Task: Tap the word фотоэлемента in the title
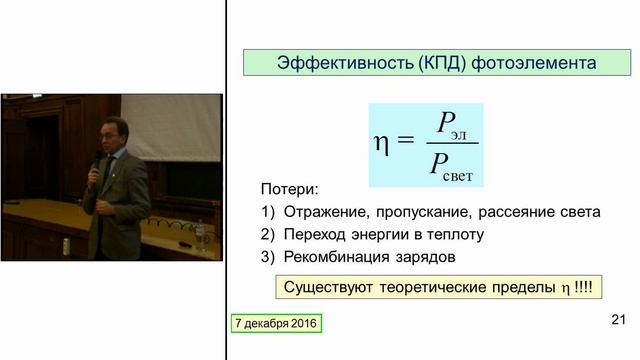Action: pos(524,63)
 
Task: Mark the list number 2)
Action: pos(267,235)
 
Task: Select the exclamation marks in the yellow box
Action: pos(582,287)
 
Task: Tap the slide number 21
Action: pos(617,321)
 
